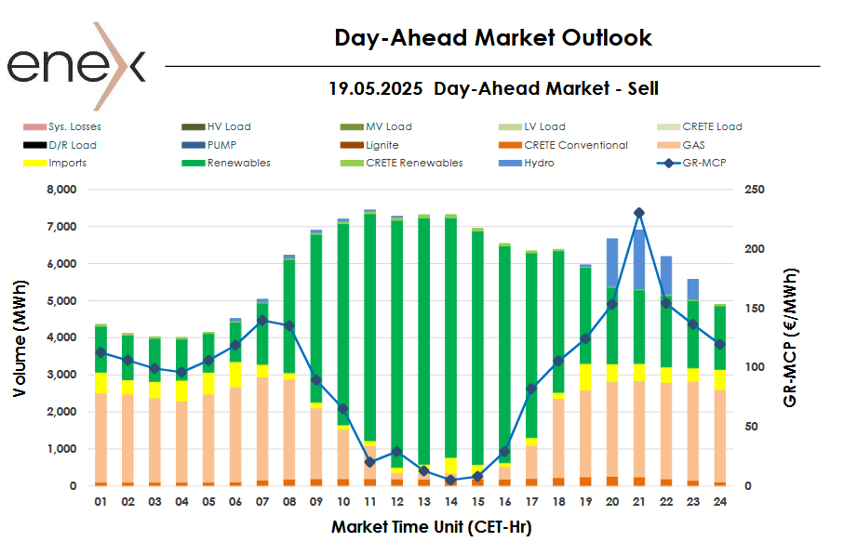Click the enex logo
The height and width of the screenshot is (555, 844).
click(77, 65)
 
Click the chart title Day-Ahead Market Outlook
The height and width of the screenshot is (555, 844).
click(493, 38)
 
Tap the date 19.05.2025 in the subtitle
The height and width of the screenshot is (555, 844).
click(375, 89)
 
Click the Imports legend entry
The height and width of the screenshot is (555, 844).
click(68, 163)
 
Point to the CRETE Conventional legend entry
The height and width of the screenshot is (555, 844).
click(575, 145)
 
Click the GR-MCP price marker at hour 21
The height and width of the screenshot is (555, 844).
click(638, 213)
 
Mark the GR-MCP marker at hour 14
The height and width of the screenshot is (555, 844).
click(450, 480)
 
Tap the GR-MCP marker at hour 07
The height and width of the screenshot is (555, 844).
click(262, 320)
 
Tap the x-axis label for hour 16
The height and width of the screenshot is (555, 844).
click(503, 503)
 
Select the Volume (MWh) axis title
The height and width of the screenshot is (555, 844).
click(20, 336)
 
